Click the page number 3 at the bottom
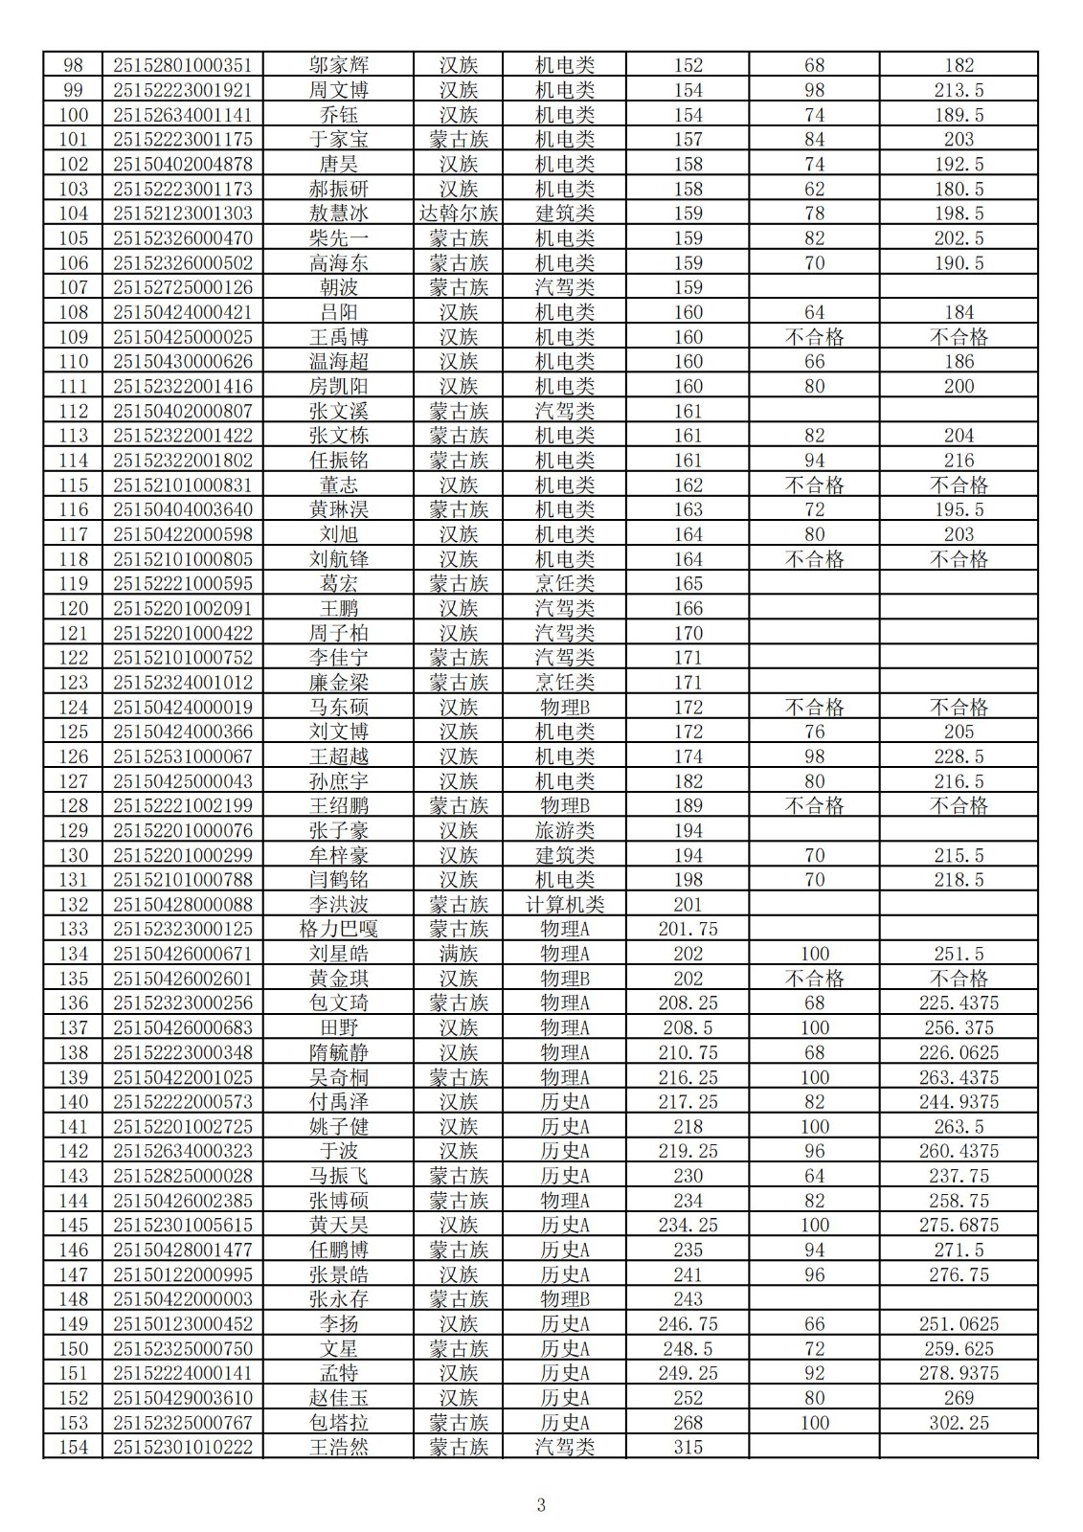[x=541, y=1504]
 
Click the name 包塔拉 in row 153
[x=338, y=1423]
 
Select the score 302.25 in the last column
[x=959, y=1423]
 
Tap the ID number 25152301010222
[x=183, y=1447]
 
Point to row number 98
[x=73, y=65]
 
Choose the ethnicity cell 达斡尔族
[x=459, y=214]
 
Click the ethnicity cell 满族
[x=459, y=954]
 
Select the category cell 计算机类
[x=565, y=904]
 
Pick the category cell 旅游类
[x=565, y=830]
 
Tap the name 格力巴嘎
[x=338, y=929]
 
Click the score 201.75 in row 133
[x=688, y=929]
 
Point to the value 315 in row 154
[x=688, y=1447]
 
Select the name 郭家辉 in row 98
[x=338, y=65]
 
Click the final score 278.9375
[x=959, y=1373]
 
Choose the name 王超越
[x=338, y=756]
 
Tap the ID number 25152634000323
[x=183, y=1151]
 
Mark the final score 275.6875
[x=959, y=1225]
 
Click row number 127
[x=73, y=781]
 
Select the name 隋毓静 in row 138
[x=338, y=1052]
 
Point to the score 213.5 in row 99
[x=959, y=90]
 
